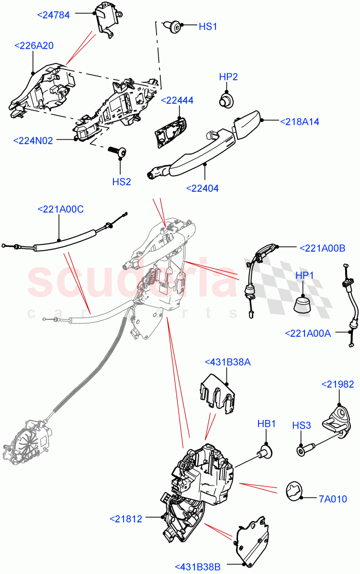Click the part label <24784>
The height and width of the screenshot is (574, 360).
pos(53,15)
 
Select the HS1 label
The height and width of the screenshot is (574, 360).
pos(208,27)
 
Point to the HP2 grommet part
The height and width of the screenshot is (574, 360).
pos(226,99)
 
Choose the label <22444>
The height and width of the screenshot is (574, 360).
pos(177,100)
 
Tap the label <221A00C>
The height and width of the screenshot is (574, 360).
pos(60,209)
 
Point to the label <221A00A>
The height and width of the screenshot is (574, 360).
pos(308,333)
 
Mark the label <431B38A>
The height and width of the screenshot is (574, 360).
pos(227,362)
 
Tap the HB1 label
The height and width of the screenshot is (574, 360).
pos(267,424)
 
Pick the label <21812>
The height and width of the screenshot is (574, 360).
pos(126,519)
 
